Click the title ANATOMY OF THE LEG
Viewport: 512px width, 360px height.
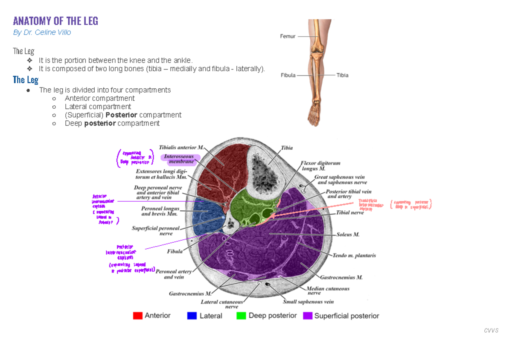[x=55, y=21]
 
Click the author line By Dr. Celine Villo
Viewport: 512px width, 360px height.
[x=42, y=32]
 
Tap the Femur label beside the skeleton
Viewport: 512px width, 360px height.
[x=288, y=37]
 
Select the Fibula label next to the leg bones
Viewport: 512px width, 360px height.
[x=288, y=75]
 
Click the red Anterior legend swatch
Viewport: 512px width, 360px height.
[x=137, y=316]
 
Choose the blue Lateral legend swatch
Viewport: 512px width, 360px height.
[x=192, y=316]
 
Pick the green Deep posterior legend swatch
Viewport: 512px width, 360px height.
[x=241, y=316]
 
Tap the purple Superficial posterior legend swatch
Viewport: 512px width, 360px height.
[x=307, y=316]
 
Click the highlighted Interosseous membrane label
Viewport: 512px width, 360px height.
[x=180, y=159]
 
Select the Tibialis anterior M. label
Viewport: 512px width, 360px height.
[x=181, y=148]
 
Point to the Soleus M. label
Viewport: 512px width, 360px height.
[x=348, y=235]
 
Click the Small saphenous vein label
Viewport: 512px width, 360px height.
[x=308, y=302]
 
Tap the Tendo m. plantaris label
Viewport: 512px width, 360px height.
[x=354, y=255]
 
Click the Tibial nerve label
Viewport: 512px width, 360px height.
[x=350, y=212]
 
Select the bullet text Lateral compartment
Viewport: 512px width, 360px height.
[x=98, y=107]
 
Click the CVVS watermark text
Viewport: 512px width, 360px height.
[x=491, y=330]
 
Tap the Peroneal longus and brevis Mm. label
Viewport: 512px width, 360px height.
[x=160, y=211]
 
